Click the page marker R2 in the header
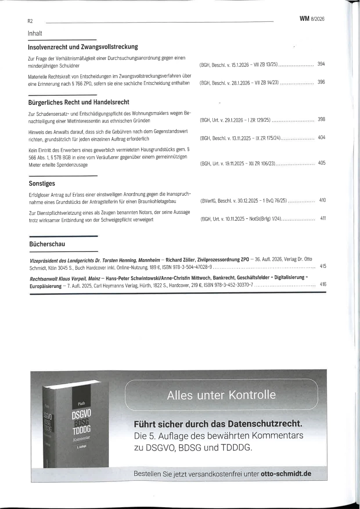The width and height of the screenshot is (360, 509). point(30,21)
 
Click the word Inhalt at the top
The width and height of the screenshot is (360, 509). point(35,33)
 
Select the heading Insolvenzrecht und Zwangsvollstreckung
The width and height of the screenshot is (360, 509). point(83,47)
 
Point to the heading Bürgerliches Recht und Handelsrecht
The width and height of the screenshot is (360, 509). point(79,102)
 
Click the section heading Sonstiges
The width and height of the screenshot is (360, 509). point(41,183)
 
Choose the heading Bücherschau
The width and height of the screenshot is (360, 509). point(47,244)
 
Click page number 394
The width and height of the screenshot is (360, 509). point(321,64)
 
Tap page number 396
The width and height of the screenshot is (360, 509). point(321,82)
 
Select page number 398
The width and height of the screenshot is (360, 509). point(321,119)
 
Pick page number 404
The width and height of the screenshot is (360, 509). point(321,137)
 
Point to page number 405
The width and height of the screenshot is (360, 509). point(321,163)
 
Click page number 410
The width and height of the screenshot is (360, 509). point(322,200)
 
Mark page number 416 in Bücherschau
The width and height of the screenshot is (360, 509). point(323,284)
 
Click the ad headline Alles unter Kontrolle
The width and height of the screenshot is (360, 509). point(221,395)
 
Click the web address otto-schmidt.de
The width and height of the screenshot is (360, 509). point(286,473)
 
